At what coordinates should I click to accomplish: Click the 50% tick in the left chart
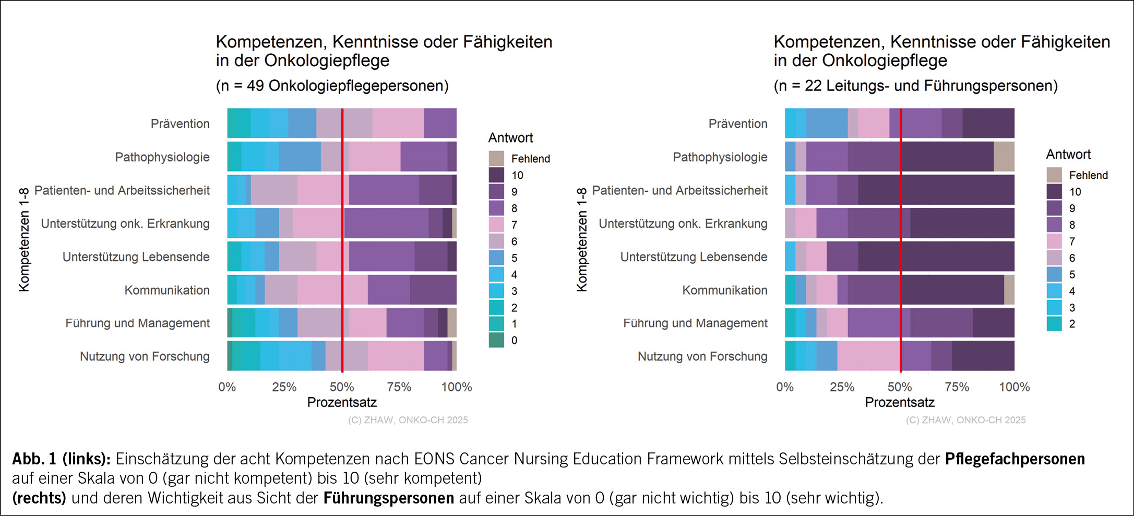(342, 387)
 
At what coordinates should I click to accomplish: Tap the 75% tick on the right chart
(957, 387)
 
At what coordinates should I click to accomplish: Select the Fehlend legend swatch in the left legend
(496, 158)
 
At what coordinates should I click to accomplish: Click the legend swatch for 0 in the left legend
(496, 340)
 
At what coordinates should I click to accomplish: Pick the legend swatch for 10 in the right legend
(1054, 192)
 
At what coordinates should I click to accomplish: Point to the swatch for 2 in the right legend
(1054, 324)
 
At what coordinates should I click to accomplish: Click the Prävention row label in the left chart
(180, 124)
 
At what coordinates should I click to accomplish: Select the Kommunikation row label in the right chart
(724, 290)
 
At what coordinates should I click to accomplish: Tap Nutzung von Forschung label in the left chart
(145, 357)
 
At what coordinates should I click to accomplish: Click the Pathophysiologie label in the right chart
(720, 157)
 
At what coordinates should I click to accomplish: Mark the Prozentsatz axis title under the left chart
(342, 402)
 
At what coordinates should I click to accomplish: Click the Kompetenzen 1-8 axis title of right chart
(581, 240)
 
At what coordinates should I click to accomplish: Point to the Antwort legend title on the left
(510, 138)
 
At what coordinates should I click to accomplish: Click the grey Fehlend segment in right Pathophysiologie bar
(1004, 156)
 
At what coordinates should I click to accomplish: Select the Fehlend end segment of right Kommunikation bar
(1009, 290)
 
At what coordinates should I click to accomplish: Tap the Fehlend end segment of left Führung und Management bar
(452, 323)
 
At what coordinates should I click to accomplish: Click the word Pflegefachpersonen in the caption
(1014, 459)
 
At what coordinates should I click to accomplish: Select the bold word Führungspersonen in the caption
(388, 498)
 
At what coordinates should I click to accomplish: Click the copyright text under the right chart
(965, 420)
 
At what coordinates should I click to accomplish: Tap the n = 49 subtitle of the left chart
(332, 85)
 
